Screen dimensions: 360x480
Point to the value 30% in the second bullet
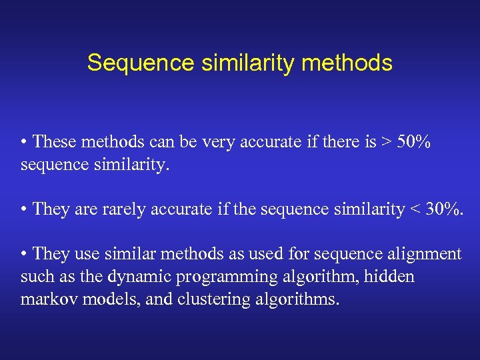[443, 209]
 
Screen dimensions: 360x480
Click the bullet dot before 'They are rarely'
[24, 209]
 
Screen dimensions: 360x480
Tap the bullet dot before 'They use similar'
[24, 254]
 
